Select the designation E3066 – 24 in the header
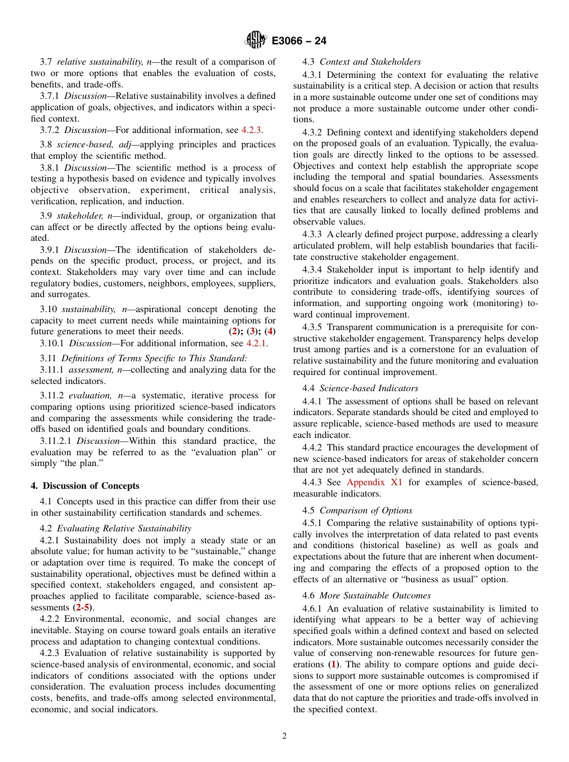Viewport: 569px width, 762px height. tap(299, 41)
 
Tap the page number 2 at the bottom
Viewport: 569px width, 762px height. tap(284, 736)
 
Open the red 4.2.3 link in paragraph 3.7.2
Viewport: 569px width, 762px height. tap(252, 130)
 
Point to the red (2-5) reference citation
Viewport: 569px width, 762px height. tap(83, 607)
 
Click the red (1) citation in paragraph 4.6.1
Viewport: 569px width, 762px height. tap(331, 664)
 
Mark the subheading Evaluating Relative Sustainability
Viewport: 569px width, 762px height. tap(124, 528)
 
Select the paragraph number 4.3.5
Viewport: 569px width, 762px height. tap(313, 327)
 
